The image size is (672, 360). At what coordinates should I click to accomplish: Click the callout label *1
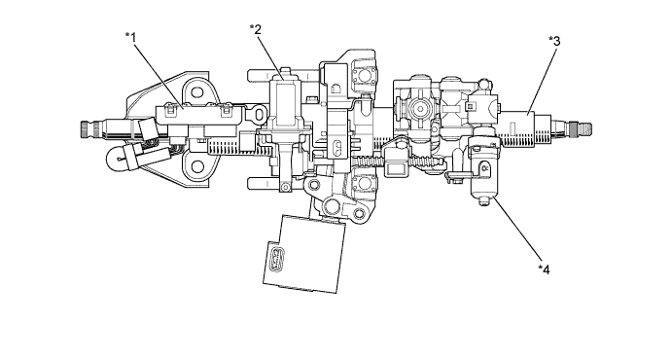[x=130, y=38]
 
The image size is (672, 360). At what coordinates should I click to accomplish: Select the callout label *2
[x=256, y=29]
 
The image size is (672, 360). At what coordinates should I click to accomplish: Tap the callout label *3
[x=554, y=41]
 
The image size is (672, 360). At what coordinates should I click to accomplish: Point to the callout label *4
[x=544, y=270]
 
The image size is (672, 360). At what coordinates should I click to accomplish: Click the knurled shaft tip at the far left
[x=87, y=128]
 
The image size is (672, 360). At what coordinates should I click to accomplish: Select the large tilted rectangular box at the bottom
[x=304, y=254]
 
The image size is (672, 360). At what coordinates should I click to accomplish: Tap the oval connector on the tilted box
[x=278, y=259]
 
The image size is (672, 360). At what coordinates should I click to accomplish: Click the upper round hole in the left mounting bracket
[x=196, y=91]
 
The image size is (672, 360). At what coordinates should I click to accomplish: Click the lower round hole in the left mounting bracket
[x=196, y=166]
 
